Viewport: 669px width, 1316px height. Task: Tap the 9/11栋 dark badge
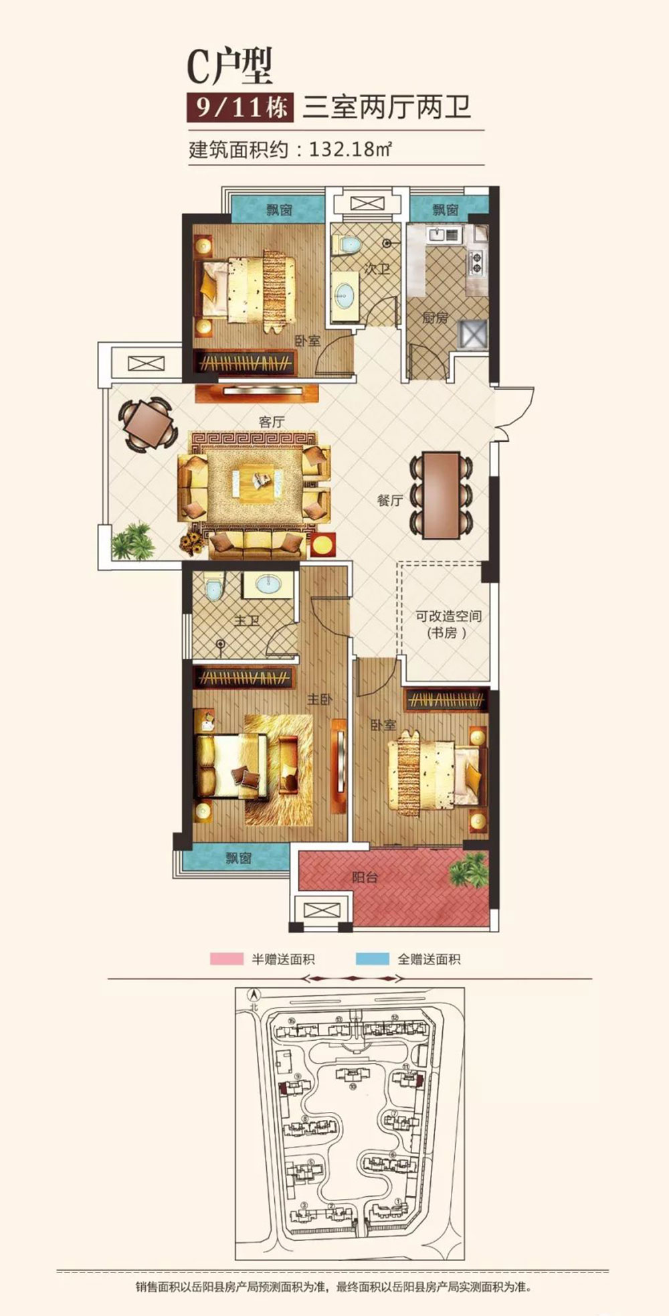(x=240, y=107)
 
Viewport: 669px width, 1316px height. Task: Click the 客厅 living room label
(x=272, y=422)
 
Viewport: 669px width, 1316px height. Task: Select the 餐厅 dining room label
(x=389, y=499)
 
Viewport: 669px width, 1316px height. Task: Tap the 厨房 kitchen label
(x=435, y=317)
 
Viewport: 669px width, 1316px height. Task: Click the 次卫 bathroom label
(x=377, y=269)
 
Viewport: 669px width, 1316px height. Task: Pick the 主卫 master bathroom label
(x=247, y=621)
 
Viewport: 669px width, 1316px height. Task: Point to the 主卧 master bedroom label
(x=320, y=700)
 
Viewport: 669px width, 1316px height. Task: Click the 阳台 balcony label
(x=365, y=877)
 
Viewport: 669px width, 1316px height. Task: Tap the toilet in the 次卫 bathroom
(x=347, y=245)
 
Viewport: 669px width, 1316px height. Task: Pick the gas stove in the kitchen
(x=476, y=262)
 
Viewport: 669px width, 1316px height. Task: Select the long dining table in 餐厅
(x=441, y=495)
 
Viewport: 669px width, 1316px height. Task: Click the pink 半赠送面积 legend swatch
(x=226, y=959)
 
